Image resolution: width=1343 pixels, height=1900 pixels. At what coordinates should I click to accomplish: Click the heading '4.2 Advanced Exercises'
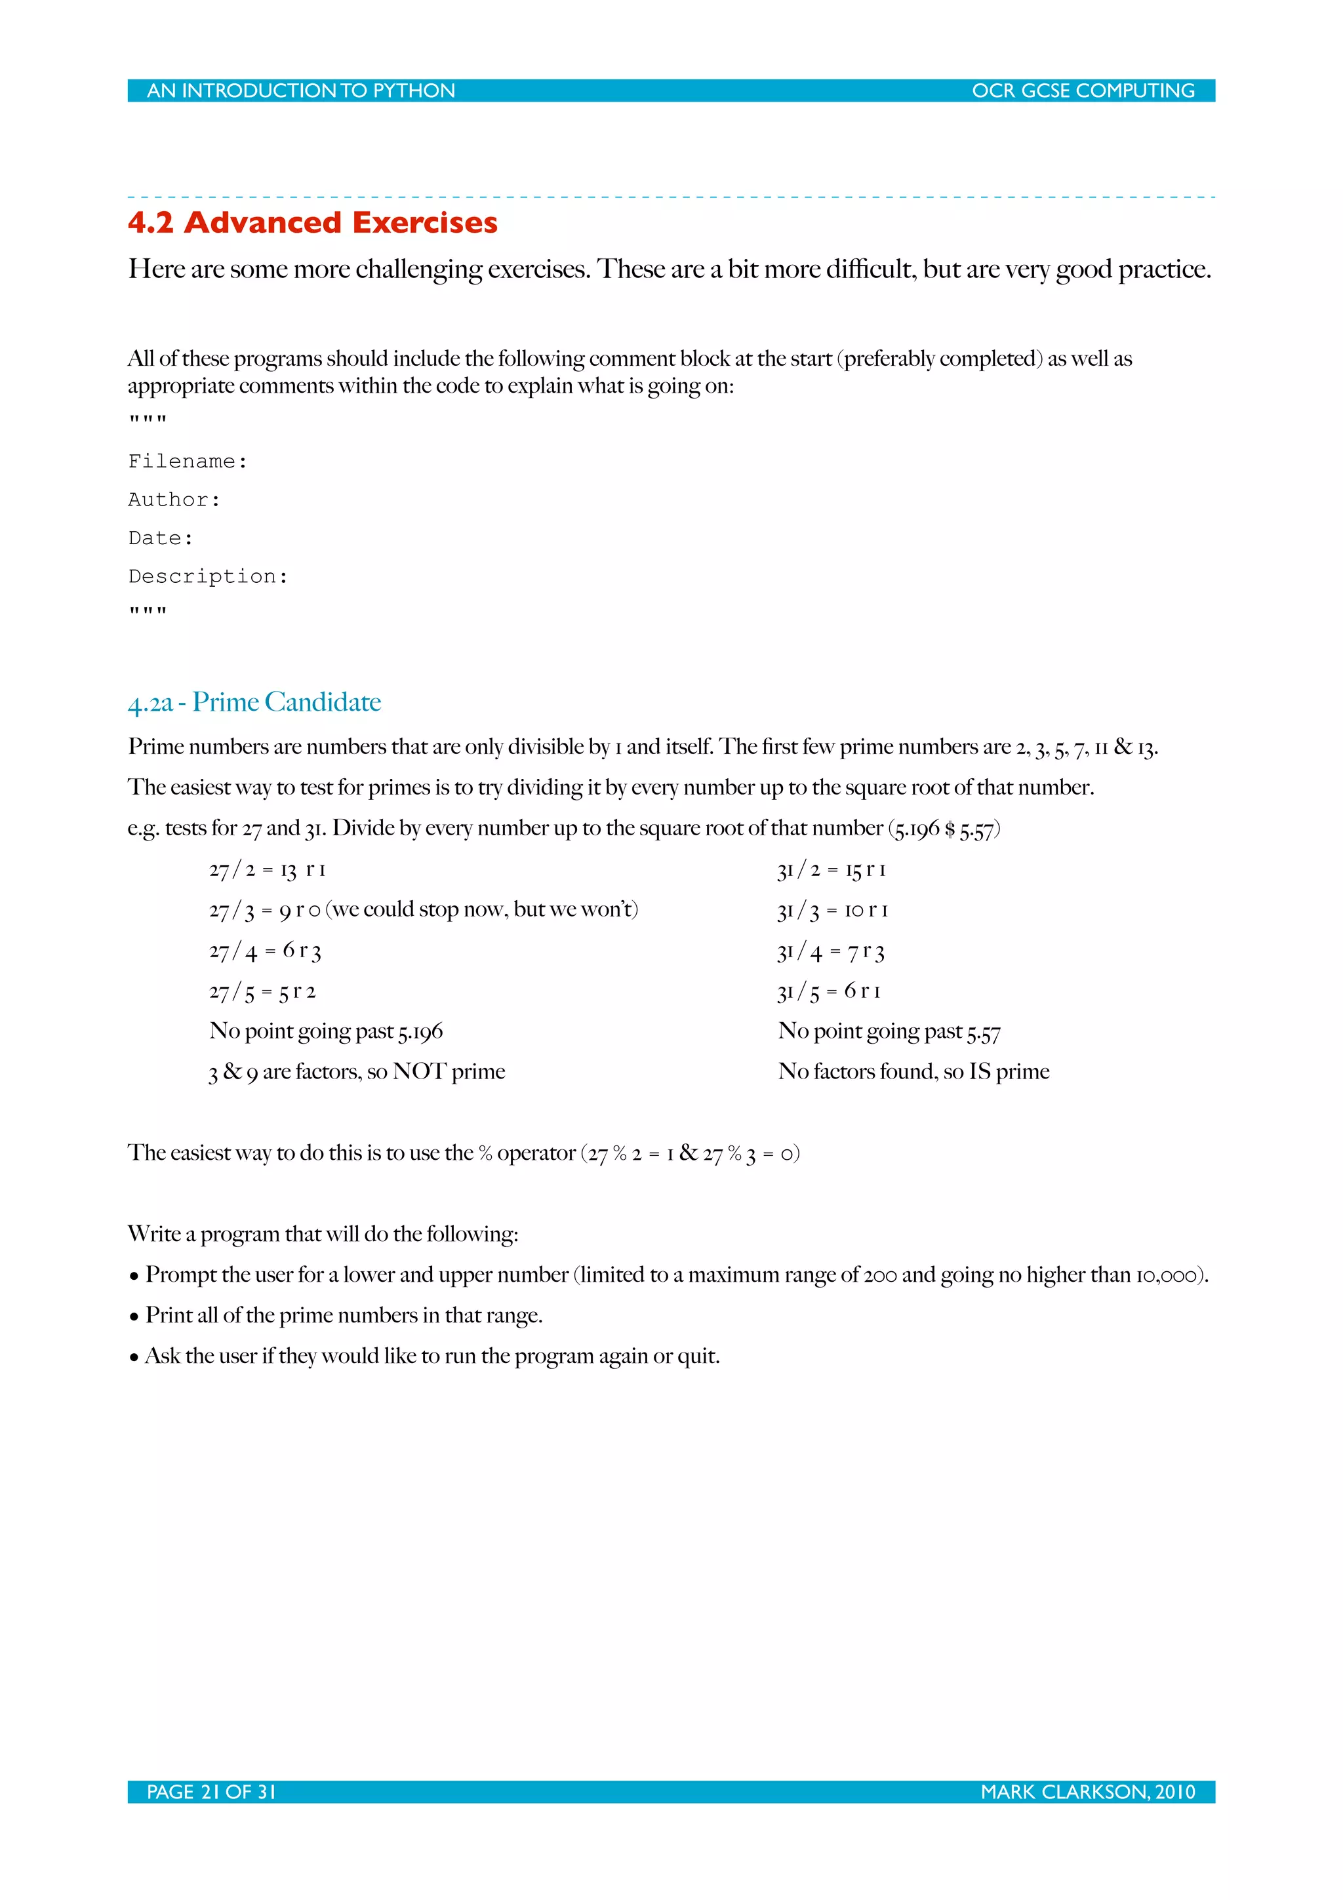312,223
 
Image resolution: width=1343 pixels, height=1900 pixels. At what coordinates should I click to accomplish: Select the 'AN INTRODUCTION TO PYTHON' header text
300,91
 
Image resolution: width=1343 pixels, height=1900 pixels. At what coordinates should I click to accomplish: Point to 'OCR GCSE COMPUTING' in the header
1083,91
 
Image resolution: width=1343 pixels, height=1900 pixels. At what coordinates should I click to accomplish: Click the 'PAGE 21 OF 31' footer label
211,1792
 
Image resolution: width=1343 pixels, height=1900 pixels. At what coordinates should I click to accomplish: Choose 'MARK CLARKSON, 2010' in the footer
1087,1792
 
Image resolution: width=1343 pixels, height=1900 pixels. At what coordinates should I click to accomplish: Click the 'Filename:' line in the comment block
188,461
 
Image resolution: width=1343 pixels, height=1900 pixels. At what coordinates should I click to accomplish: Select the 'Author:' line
174,500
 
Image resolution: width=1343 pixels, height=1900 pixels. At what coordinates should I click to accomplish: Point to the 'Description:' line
208,577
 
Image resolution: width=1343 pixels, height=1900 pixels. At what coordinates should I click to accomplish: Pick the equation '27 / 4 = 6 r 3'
265,951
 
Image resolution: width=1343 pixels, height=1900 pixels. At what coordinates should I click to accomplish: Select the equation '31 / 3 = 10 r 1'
832,910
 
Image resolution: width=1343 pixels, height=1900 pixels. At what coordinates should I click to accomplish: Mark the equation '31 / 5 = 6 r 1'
828,991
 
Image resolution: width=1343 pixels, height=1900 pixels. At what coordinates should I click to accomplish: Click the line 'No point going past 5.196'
326,1031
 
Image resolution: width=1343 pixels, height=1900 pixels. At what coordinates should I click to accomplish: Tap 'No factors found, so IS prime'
913,1072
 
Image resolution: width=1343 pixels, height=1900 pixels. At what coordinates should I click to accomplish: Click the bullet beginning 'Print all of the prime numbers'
344,1315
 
